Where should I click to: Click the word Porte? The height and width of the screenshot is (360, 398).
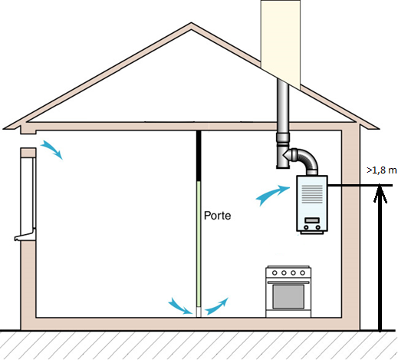pos(217,216)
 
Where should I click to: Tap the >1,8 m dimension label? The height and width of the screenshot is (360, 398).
pos(381,170)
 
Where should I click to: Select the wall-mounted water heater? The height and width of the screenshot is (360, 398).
pos(312,204)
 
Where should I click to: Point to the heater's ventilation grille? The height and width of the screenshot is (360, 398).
pos(312,194)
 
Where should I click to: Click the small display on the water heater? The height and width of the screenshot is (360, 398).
pos(312,220)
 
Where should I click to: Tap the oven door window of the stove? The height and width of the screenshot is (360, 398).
pos(288,296)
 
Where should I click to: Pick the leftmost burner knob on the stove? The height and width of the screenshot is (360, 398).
pos(275,273)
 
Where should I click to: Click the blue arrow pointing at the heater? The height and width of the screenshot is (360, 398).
pos(272,195)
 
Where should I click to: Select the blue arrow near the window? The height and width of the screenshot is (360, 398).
pos(52,149)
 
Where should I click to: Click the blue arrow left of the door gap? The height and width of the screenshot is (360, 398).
pos(180,306)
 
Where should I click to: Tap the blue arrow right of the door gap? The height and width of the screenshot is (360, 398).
pos(216,306)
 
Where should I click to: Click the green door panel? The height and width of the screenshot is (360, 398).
pos(199,244)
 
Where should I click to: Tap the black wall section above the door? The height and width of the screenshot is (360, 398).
pos(199,156)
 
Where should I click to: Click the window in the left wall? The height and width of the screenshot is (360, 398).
pos(28,194)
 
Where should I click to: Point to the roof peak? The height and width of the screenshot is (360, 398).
pos(191,24)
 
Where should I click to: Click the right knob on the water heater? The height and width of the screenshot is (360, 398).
pos(317,227)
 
